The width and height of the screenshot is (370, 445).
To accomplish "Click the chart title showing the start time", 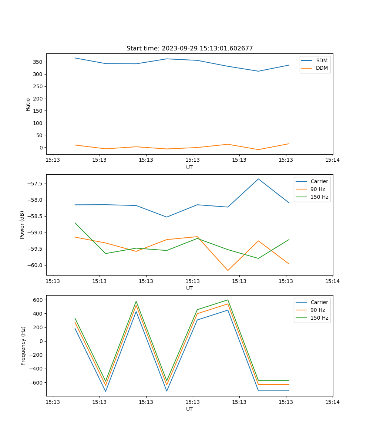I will point(189,49).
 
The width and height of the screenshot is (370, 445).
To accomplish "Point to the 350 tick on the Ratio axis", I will point(38,62).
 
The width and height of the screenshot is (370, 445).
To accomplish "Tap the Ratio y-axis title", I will point(28,105).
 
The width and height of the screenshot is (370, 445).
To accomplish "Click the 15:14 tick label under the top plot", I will point(332,160).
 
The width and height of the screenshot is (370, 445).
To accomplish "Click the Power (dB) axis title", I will point(22,225).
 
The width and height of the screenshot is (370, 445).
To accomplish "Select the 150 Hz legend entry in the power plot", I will point(319,197).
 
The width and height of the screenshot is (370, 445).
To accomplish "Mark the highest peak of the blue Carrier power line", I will point(258,179).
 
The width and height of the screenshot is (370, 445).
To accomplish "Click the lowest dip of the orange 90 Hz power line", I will point(228,270).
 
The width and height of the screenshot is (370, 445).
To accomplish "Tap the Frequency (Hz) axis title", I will point(23,346).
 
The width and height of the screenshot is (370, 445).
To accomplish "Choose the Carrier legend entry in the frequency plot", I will point(319,302).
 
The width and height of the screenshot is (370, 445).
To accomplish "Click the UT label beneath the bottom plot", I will point(189,409).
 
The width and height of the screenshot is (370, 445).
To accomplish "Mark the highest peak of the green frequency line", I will point(228,300).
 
